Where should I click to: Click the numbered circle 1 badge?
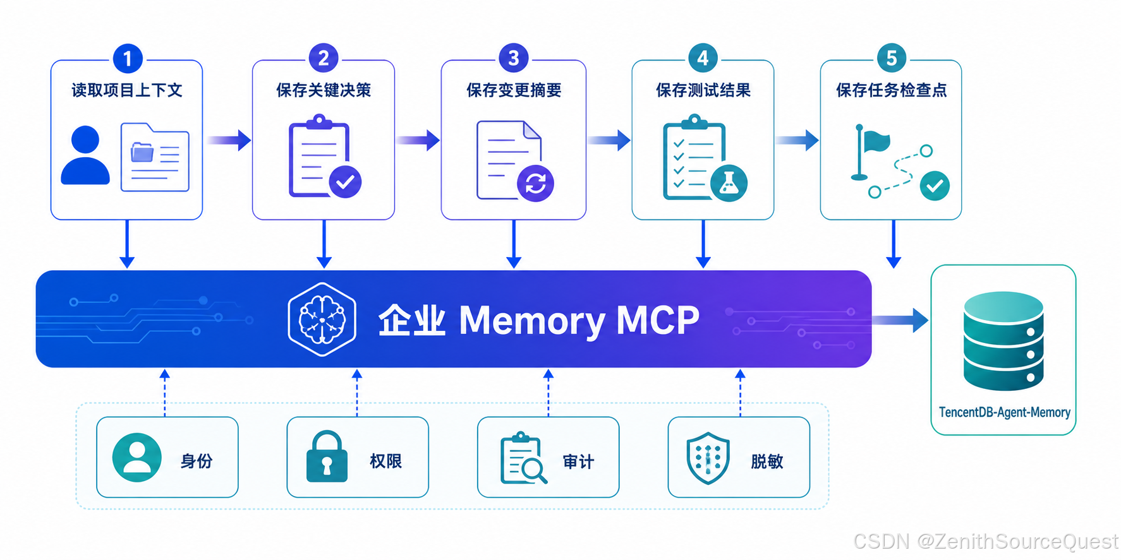point(128,59)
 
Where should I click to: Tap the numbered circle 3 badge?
point(514,58)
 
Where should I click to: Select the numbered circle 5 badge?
point(892,58)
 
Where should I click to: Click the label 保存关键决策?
point(324,90)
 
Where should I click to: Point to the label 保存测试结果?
point(703,90)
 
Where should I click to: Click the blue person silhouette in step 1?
point(85,155)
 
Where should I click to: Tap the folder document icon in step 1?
point(155,157)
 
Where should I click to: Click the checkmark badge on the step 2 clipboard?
point(345,182)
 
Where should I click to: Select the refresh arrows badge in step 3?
point(535,184)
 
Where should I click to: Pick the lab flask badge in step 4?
point(729,184)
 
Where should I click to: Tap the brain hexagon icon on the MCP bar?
point(322,319)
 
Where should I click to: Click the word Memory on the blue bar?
point(532,321)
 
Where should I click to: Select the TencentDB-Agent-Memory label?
point(1004,412)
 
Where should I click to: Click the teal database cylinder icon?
point(1003,341)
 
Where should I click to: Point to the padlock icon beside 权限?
point(327,457)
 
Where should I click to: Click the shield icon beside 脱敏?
point(708,458)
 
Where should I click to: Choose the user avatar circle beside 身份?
point(136,458)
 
